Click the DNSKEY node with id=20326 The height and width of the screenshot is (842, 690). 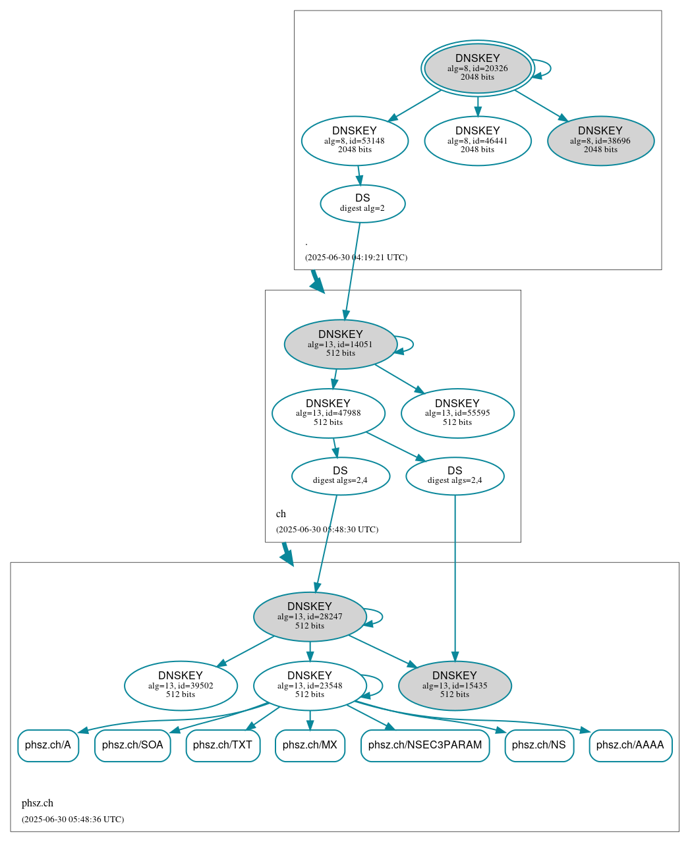(478, 68)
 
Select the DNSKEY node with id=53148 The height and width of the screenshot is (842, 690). (355, 140)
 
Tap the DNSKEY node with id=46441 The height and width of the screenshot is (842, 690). (478, 140)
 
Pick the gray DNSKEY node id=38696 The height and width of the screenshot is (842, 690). (600, 140)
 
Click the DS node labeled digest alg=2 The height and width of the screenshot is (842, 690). (362, 204)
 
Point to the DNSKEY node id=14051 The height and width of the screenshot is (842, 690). (340, 344)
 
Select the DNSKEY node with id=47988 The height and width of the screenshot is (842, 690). (328, 413)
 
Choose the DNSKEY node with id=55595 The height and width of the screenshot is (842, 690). (457, 413)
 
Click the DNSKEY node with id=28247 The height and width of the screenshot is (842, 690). (310, 617)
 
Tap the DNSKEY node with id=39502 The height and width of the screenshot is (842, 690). (181, 686)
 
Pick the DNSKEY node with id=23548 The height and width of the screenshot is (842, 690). (310, 686)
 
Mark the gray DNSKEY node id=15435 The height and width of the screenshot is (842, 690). (455, 686)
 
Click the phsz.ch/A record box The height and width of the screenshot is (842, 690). (48, 745)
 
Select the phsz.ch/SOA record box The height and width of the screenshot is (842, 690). (132, 745)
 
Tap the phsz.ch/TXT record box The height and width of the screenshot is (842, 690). (223, 745)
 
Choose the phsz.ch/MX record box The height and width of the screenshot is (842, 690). (310, 745)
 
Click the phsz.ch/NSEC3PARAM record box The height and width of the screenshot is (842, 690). (425, 745)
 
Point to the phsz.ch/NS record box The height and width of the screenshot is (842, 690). (539, 745)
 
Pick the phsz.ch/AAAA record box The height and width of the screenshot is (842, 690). (630, 745)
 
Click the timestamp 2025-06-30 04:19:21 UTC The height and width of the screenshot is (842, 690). (356, 258)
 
